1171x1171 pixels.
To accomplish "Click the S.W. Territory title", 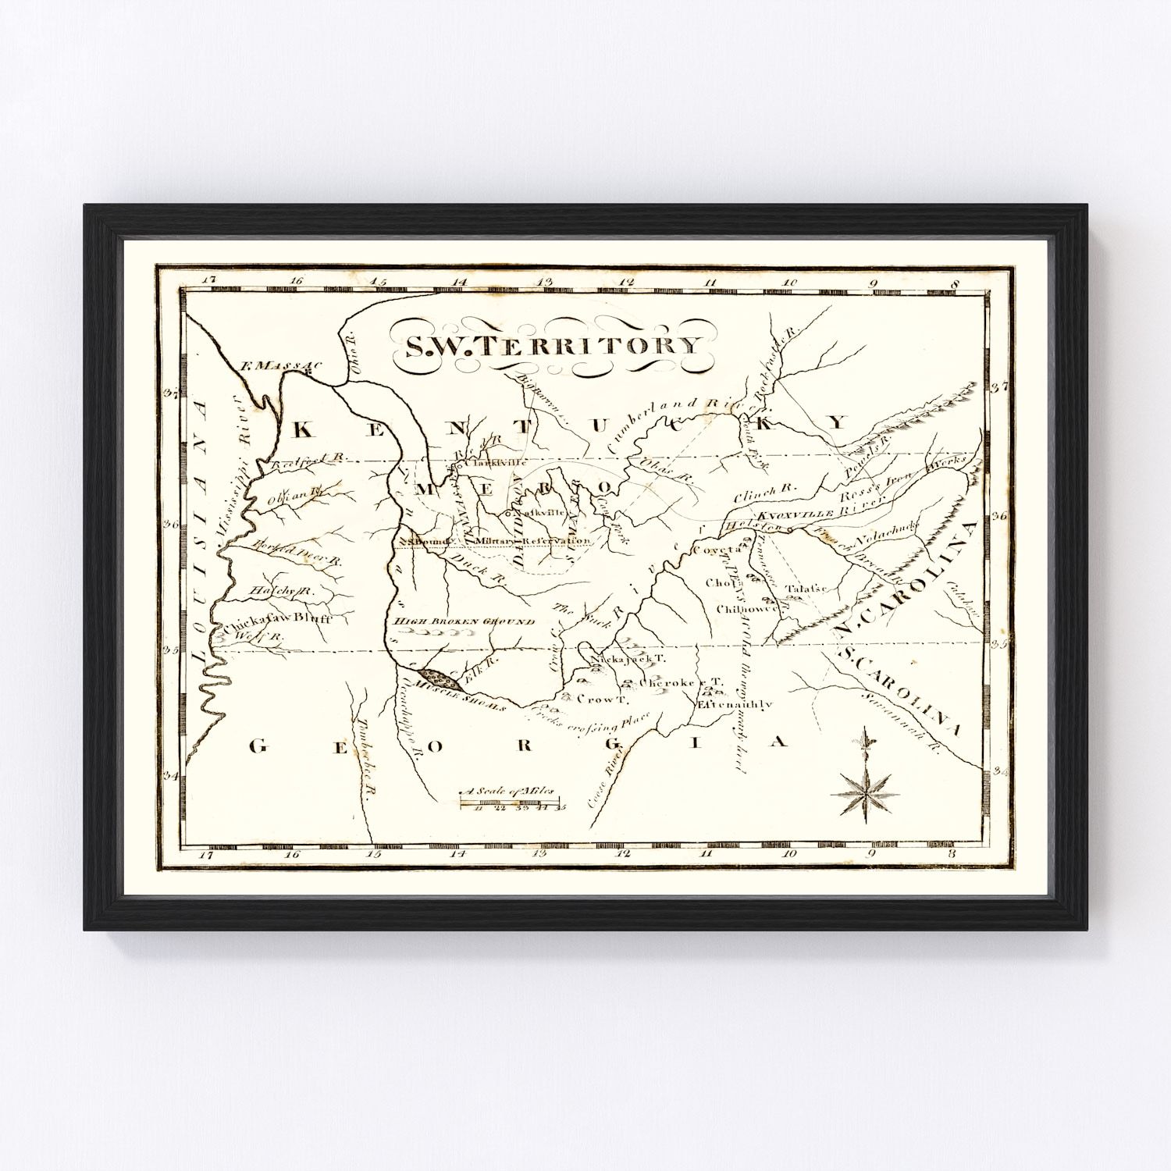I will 551,345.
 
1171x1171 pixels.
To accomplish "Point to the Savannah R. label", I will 896,718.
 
